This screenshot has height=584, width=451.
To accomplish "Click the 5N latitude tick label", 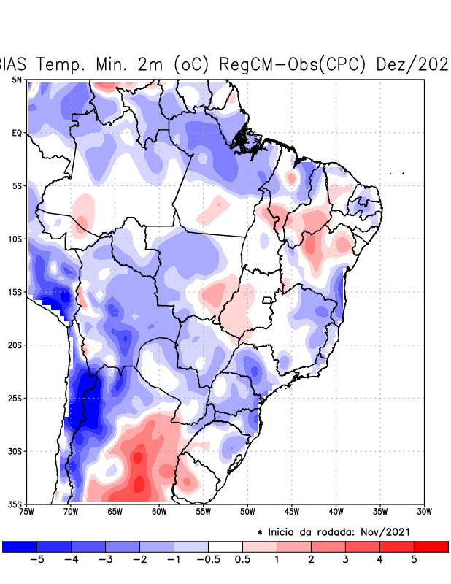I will click(x=17, y=80).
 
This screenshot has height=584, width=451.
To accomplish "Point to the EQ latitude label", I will click(x=17, y=133).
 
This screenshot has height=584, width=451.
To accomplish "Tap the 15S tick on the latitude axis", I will click(x=16, y=292).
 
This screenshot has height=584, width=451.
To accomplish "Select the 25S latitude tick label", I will click(x=16, y=398).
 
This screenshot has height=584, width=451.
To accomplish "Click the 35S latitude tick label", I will click(x=16, y=504).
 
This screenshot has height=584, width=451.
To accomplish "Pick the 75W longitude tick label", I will click(x=26, y=511).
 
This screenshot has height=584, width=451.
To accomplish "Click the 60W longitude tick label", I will click(x=159, y=511).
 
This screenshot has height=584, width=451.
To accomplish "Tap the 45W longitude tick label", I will click(x=292, y=511).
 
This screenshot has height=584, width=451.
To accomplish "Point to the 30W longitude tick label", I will click(x=425, y=511).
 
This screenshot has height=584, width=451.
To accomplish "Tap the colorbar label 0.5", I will click(x=243, y=559).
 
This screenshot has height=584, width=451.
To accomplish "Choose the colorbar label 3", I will click(x=345, y=559).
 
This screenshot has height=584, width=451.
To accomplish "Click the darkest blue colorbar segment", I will click(x=20, y=546).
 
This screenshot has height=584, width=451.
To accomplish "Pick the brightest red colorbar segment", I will click(x=431, y=546).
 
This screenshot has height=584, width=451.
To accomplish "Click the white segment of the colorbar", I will click(x=225, y=546).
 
